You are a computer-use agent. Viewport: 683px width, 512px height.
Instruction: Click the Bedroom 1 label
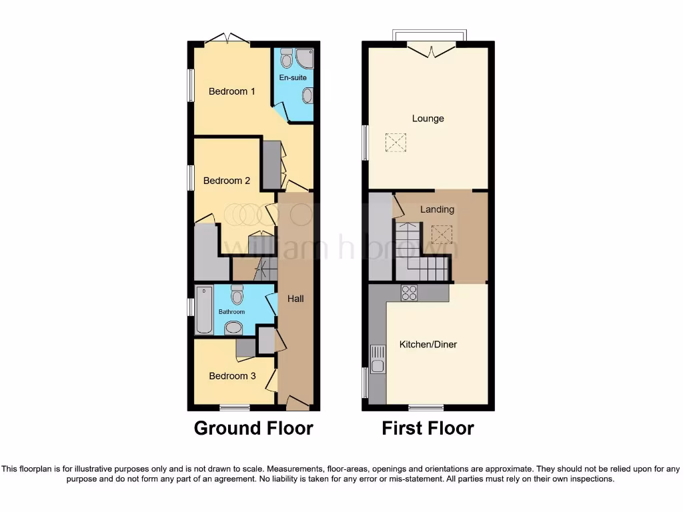[232, 91]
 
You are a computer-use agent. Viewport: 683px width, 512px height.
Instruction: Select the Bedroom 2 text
[227, 181]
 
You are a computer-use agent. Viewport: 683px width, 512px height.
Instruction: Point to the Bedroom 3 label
[232, 376]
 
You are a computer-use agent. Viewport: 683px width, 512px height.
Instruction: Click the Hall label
[295, 299]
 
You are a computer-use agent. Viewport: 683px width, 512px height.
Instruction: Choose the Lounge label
[428, 119]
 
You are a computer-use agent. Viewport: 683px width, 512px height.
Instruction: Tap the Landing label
[437, 209]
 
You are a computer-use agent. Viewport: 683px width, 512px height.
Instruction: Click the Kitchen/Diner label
[428, 345]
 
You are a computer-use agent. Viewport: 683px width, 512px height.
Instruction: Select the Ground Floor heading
[253, 428]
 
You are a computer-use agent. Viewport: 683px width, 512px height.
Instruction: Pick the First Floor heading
[428, 428]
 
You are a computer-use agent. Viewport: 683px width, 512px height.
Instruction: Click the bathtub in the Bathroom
[203, 310]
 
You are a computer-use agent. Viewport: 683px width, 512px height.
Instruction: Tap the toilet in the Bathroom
[237, 295]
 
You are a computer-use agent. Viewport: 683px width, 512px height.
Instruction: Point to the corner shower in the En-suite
[305, 59]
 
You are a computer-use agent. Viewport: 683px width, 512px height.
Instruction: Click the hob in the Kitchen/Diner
[408, 293]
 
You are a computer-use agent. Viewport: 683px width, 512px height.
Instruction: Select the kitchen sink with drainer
[378, 359]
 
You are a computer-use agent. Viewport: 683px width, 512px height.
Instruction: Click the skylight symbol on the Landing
[442, 235]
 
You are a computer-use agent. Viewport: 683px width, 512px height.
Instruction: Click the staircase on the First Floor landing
[419, 253]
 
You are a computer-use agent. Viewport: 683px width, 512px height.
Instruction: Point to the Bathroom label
[232, 312]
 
